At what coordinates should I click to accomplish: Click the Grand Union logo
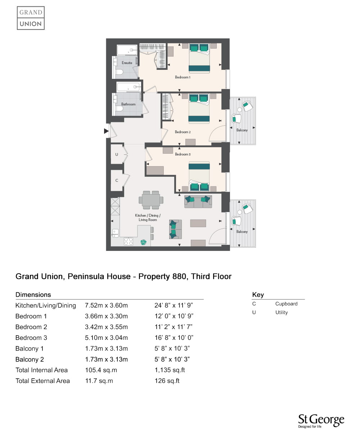[31, 18]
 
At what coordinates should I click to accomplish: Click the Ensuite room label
[127, 63]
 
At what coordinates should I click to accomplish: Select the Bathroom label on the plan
[128, 104]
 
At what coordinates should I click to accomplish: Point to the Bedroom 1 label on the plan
[183, 77]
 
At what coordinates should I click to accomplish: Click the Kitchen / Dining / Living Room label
[148, 217]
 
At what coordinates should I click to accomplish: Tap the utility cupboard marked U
[117, 154]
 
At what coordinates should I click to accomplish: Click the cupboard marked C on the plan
[117, 180]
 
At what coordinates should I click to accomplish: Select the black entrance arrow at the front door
[106, 131]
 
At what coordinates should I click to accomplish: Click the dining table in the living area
[151, 200]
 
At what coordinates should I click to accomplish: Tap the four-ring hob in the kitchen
[128, 241]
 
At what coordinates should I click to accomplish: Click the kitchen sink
[116, 233]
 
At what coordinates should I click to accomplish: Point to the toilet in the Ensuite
[119, 72]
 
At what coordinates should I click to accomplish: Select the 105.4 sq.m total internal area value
[101, 370]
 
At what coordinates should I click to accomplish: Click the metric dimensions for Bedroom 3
[106, 338]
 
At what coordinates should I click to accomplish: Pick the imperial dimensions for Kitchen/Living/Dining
[174, 305]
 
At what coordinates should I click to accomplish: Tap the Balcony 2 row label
[30, 359]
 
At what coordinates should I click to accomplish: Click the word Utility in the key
[282, 312]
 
